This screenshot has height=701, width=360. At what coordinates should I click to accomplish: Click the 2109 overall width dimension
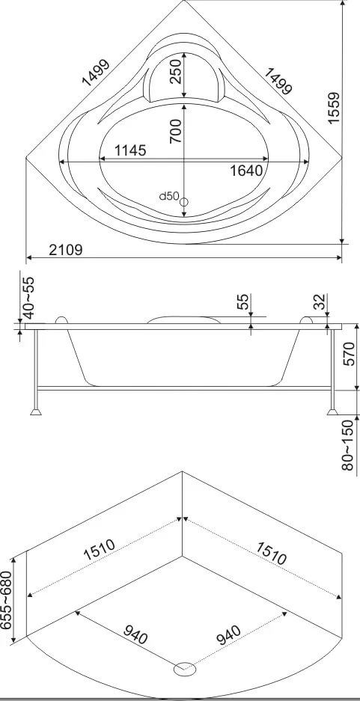(66, 250)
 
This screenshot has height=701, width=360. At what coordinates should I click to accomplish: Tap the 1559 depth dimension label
(334, 108)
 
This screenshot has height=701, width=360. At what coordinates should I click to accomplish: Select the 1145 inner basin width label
(130, 150)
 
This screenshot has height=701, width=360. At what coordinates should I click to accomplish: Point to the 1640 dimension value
(246, 171)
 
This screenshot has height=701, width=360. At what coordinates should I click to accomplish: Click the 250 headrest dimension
(176, 70)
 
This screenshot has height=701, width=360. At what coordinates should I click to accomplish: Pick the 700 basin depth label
(176, 131)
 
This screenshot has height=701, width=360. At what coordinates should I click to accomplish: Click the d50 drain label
(170, 196)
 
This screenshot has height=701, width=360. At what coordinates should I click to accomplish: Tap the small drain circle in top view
(184, 202)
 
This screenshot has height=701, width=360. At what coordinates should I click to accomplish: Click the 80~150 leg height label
(348, 445)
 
